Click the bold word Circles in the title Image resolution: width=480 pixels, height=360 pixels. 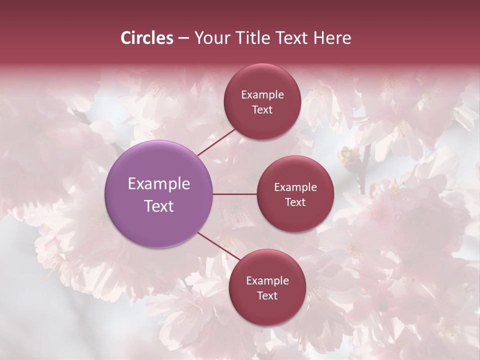point(146,38)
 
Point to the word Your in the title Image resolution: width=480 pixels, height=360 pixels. point(210,38)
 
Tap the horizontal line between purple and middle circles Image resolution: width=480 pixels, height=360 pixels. point(234,194)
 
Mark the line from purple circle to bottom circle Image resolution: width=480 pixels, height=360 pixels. point(218,245)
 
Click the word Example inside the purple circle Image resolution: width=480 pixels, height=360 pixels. point(158,184)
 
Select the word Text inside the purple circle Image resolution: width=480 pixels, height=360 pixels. point(158,206)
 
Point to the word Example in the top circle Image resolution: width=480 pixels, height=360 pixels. point(262,95)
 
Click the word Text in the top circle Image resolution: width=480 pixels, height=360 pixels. point(262,109)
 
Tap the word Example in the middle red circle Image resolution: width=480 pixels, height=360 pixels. point(295,187)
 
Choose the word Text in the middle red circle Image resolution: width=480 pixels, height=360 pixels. point(295,202)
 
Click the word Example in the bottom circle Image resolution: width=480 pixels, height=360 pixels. point(267,281)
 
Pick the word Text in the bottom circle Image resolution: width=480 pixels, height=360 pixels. point(267,295)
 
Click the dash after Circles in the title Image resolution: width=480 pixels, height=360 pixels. point(183,38)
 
